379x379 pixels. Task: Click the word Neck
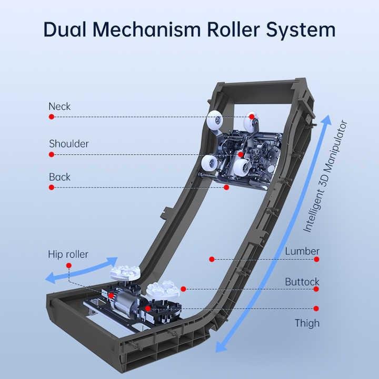click(x=59, y=106)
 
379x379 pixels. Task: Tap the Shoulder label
click(x=69, y=144)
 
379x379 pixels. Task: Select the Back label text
click(x=59, y=177)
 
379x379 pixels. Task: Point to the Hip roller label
click(x=68, y=255)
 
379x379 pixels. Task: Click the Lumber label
click(x=302, y=251)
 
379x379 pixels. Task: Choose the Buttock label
click(x=302, y=282)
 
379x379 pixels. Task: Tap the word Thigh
click(x=307, y=323)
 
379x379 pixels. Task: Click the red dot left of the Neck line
click(x=52, y=117)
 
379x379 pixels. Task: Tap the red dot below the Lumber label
click(x=316, y=259)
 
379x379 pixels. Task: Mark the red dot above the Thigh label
click(x=316, y=308)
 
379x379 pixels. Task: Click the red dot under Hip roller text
click(x=69, y=266)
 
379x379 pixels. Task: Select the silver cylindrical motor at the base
click(x=126, y=303)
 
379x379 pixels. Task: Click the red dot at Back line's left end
click(x=52, y=188)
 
